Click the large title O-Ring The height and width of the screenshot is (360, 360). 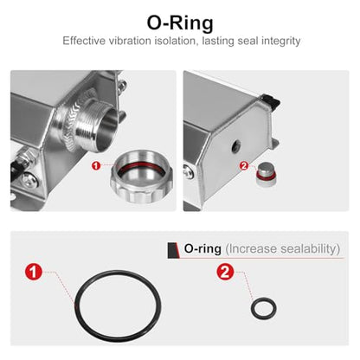pos(180,22)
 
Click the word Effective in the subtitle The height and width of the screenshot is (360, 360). pos(84,41)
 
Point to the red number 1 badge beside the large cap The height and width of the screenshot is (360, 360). pos(96,165)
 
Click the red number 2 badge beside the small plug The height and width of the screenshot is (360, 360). pos(244,166)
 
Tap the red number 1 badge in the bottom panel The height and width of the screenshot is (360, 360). pos(34,272)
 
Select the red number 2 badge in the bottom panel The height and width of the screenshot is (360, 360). pos(225,272)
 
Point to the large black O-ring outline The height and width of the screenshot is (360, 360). pos(75,305)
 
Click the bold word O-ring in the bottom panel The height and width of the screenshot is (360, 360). pos(202,248)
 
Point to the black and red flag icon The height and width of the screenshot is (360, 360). pos(173,250)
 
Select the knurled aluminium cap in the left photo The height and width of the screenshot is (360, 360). pos(141,176)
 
